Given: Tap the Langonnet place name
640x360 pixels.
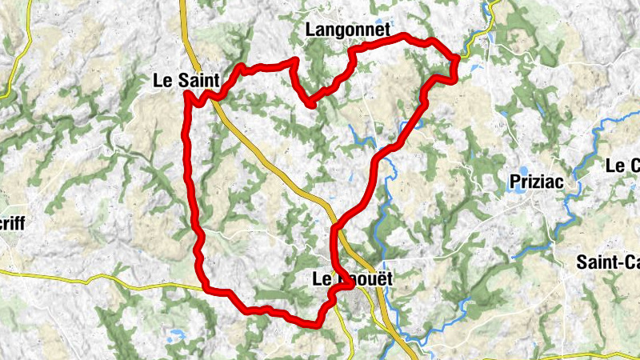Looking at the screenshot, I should (348, 30).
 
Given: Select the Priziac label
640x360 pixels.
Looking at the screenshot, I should (536, 182).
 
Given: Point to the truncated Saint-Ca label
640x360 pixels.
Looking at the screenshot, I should (607, 262).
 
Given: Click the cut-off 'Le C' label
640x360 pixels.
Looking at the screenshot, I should (622, 166).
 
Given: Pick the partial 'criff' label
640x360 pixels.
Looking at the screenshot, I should (13, 225).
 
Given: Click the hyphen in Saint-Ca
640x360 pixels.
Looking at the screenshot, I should (613, 262).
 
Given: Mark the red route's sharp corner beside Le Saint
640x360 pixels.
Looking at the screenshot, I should (186, 94).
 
